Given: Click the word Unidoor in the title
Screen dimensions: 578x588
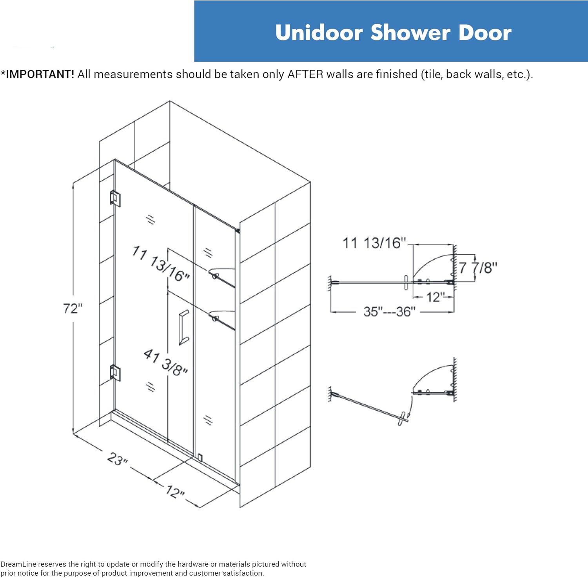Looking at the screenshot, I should [318, 33].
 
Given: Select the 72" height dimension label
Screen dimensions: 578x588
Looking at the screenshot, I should [73, 309].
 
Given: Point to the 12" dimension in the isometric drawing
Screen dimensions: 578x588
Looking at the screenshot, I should [175, 491].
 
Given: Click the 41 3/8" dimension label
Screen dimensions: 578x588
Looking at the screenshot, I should [165, 362].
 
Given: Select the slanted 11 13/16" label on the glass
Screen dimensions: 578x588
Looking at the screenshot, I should [161, 263].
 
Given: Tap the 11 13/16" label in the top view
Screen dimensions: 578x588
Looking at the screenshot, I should [374, 243].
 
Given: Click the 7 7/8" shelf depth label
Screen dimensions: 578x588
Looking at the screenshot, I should [477, 268].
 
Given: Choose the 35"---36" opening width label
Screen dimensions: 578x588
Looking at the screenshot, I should [389, 312].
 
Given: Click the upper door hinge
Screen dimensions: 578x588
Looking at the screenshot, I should [115, 198].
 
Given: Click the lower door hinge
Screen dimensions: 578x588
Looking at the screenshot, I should [115, 373].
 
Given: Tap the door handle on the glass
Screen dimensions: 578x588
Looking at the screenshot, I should [183, 328].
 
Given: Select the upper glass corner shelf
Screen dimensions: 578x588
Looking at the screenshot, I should [223, 274].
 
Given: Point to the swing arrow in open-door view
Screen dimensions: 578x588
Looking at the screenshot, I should [410, 408].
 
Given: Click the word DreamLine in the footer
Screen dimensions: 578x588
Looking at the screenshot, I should [18, 564].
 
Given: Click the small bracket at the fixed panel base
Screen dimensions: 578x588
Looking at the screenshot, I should [200, 457].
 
